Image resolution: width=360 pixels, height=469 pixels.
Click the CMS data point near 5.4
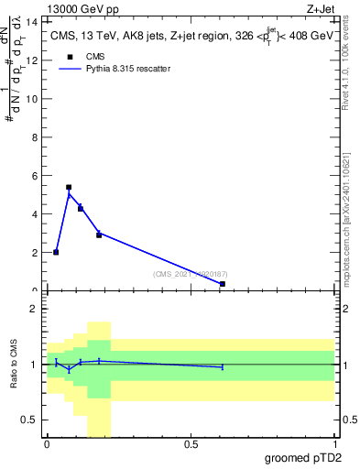point(69,187)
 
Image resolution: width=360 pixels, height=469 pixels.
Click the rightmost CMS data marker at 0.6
point(223,284)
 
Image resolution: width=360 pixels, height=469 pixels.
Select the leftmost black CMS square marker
point(56,252)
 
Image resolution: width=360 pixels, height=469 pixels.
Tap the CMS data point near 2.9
point(99,235)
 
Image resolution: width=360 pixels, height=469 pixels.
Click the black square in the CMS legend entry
point(69,56)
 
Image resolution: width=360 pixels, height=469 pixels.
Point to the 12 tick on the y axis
point(37,60)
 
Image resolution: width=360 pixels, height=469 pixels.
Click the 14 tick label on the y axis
point(35,21)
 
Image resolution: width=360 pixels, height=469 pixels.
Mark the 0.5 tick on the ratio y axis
point(31,420)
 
